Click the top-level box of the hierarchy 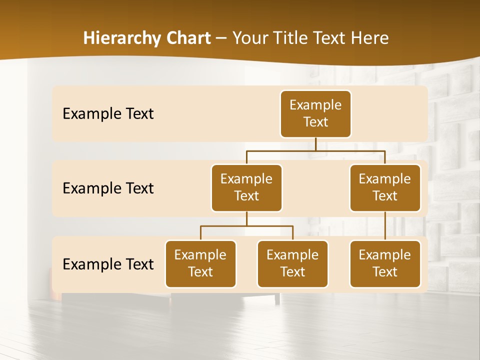[x=315, y=113]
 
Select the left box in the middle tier [x=246, y=187]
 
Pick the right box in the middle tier [x=385, y=187]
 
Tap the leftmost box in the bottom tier [x=200, y=263]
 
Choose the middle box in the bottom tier [x=292, y=263]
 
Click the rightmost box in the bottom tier [x=385, y=263]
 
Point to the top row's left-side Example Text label [x=108, y=113]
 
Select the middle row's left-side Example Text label [x=108, y=188]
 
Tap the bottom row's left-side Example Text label [x=108, y=264]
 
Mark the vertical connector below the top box [x=315, y=144]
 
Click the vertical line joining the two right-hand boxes [x=385, y=226]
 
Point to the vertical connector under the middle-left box [x=246, y=219]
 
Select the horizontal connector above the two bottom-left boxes [x=246, y=226]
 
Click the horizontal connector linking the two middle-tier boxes [x=315, y=150]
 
